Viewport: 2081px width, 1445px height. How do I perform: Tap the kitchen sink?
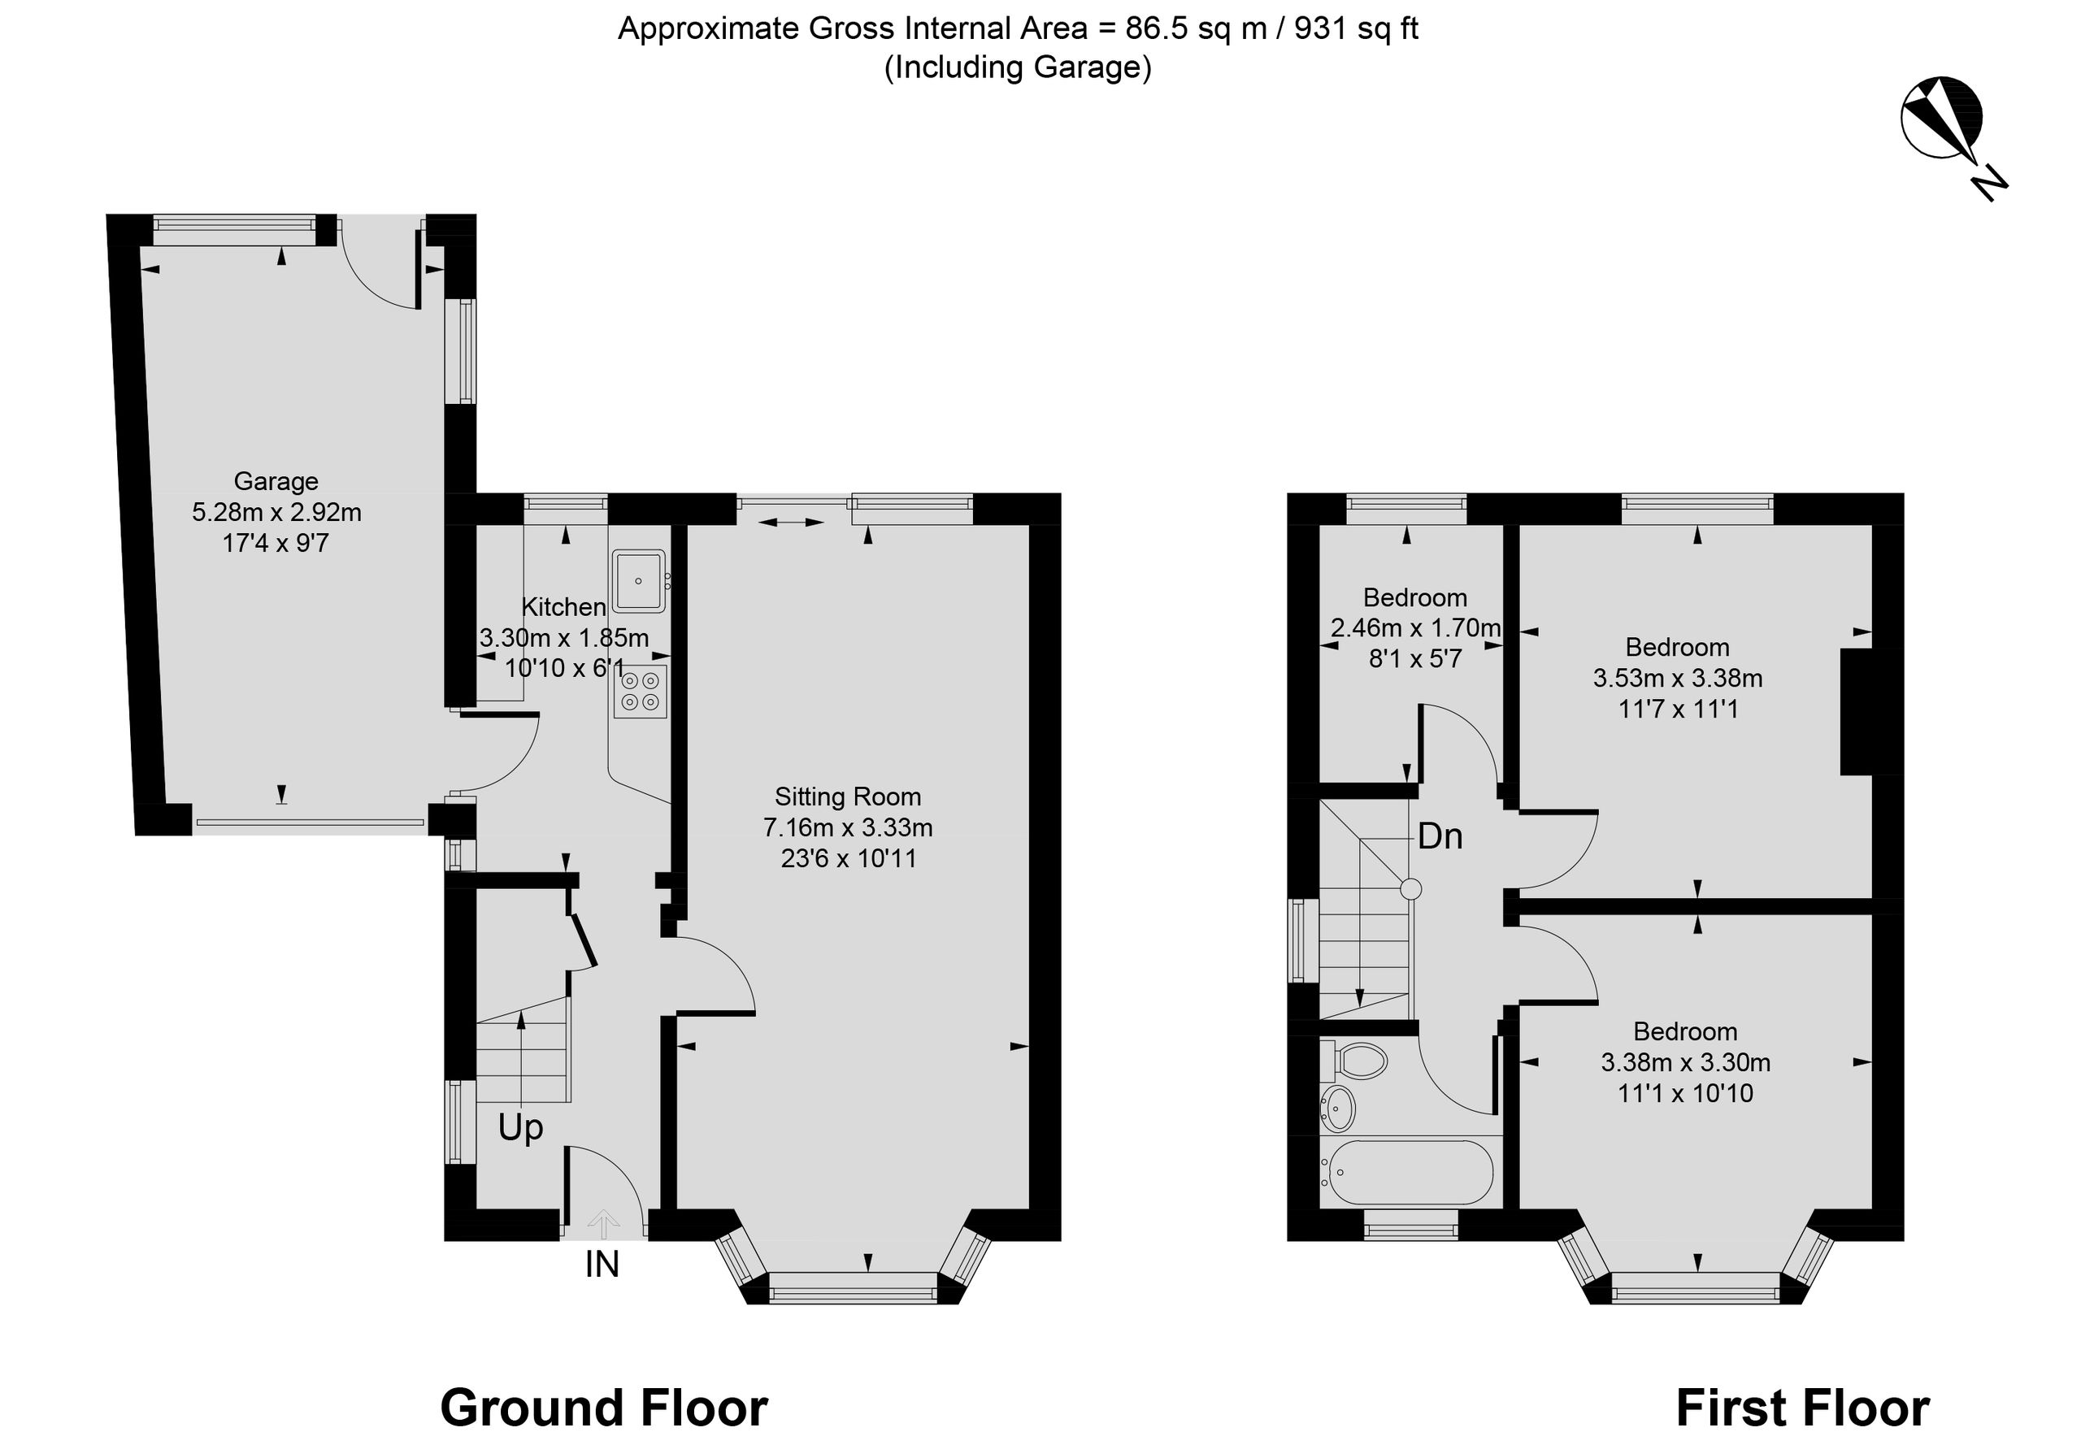(x=639, y=580)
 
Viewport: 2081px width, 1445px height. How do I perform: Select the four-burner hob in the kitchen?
(x=641, y=692)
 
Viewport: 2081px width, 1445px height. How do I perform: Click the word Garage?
(x=276, y=482)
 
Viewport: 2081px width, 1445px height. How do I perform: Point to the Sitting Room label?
(x=848, y=796)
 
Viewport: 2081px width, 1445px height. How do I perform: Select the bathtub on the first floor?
(x=1406, y=1173)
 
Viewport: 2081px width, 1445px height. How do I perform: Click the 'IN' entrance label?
(x=602, y=1265)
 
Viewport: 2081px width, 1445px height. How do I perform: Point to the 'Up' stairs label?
(x=521, y=1128)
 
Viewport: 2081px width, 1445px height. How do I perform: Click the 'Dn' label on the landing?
(x=1440, y=835)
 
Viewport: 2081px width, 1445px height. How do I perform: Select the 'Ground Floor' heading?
(x=604, y=1408)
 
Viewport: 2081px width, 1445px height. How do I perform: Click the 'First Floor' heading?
(x=1802, y=1408)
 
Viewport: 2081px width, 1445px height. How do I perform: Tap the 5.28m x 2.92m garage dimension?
(x=276, y=513)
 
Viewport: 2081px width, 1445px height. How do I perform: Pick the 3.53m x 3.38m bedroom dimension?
(x=1678, y=678)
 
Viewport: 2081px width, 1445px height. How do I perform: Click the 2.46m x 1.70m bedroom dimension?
(x=1415, y=627)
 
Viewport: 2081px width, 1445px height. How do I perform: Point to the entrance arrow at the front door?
(x=603, y=1224)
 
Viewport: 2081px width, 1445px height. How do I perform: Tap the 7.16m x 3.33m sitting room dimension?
(x=848, y=827)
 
